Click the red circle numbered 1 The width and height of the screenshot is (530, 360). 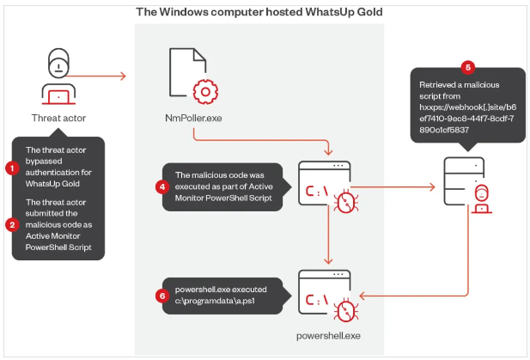[12, 168]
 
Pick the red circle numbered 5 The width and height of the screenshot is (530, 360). [467, 65]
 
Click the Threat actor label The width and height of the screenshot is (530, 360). [58, 118]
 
